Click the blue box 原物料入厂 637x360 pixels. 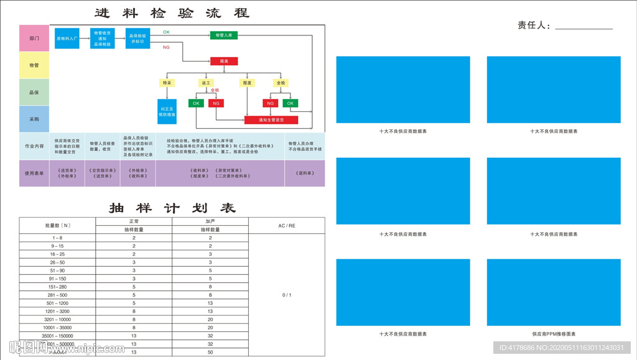pyautogui.click(x=67, y=39)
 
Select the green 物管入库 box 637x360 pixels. pyautogui.click(x=223, y=35)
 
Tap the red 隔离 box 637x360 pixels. pyautogui.click(x=223, y=62)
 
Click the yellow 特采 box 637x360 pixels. pyautogui.click(x=167, y=83)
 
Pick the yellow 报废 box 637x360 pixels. pyautogui.click(x=247, y=83)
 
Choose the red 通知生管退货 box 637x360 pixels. pyautogui.click(x=271, y=120)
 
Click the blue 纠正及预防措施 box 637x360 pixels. pyautogui.click(x=167, y=111)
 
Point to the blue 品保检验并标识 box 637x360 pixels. pyautogui.click(x=137, y=39)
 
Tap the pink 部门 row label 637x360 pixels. pyautogui.click(x=34, y=39)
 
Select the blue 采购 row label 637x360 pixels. pyautogui.click(x=34, y=119)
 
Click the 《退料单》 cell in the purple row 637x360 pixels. pyautogui.click(x=305, y=173)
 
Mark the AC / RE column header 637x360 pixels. pyautogui.click(x=287, y=225)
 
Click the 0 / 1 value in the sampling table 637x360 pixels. pyautogui.click(x=287, y=295)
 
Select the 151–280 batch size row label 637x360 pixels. pyautogui.click(x=57, y=287)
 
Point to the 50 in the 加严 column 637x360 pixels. pyautogui.click(x=210, y=352)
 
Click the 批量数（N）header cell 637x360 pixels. pyautogui.click(x=57, y=225)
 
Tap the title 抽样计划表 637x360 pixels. pyautogui.click(x=172, y=208)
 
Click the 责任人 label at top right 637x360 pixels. pyautogui.click(x=533, y=25)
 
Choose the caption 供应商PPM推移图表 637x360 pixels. pyautogui.click(x=554, y=334)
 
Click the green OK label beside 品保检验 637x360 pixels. pyautogui.click(x=166, y=32)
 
